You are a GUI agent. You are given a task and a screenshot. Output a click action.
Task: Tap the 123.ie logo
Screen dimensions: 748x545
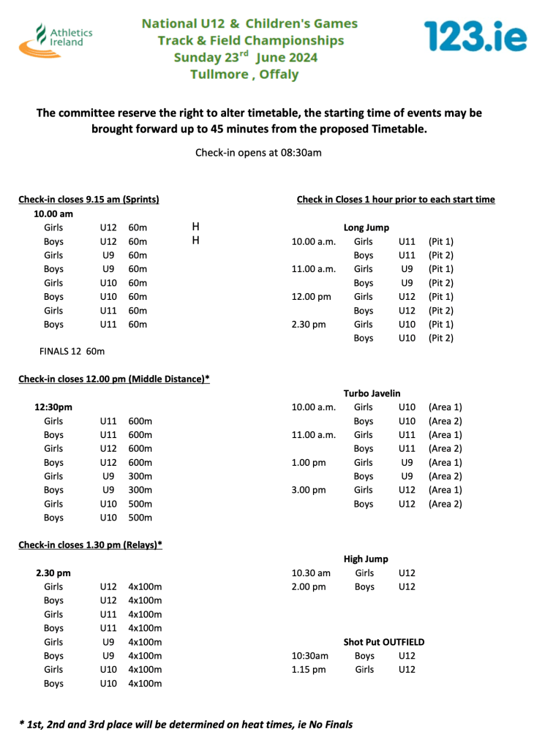pos(475,36)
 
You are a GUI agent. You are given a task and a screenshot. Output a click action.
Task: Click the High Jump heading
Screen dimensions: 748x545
pos(366,559)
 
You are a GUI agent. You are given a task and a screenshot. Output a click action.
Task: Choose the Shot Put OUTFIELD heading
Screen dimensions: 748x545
pos(383,642)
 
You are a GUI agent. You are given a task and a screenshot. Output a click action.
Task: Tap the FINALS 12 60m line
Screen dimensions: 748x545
pos(72,352)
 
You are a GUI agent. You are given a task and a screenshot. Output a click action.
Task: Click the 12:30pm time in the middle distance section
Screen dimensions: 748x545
pos(53,407)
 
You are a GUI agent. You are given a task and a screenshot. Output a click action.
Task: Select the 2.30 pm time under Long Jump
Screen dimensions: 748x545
pos(308,325)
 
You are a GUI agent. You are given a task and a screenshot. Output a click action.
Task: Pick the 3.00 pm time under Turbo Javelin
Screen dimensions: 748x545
pos(308,490)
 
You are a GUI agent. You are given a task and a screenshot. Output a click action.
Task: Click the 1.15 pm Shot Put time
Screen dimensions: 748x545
pos(308,670)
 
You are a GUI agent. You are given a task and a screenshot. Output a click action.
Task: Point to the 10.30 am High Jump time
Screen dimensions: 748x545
pos(311,573)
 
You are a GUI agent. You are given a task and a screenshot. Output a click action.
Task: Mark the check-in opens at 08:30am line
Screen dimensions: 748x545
pos(258,153)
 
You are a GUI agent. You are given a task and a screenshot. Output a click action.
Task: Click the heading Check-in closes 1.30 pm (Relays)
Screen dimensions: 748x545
pos(90,545)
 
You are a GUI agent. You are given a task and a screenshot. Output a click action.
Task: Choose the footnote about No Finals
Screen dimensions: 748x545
pos(186,725)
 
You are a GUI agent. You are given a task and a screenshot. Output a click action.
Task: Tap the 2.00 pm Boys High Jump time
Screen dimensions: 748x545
pos(308,586)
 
